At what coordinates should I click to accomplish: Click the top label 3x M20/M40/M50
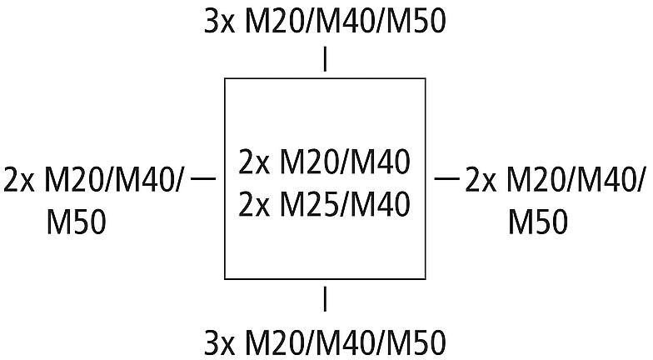(325, 22)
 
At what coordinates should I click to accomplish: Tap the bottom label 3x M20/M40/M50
(325, 343)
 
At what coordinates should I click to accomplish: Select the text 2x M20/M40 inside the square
(325, 162)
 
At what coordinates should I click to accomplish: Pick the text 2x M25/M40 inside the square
(325, 204)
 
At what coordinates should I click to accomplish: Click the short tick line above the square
(325, 60)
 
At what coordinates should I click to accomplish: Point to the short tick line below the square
(325, 298)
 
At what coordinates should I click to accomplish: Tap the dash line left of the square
(203, 178)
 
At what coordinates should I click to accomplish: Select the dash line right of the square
(446, 178)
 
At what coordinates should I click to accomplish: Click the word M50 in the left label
(77, 222)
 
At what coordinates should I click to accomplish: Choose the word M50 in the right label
(538, 222)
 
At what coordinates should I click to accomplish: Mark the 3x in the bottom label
(220, 343)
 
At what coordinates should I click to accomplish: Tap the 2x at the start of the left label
(18, 180)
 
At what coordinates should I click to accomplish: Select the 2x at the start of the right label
(481, 180)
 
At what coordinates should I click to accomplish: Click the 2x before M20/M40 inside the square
(254, 162)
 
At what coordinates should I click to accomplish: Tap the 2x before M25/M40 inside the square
(254, 204)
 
